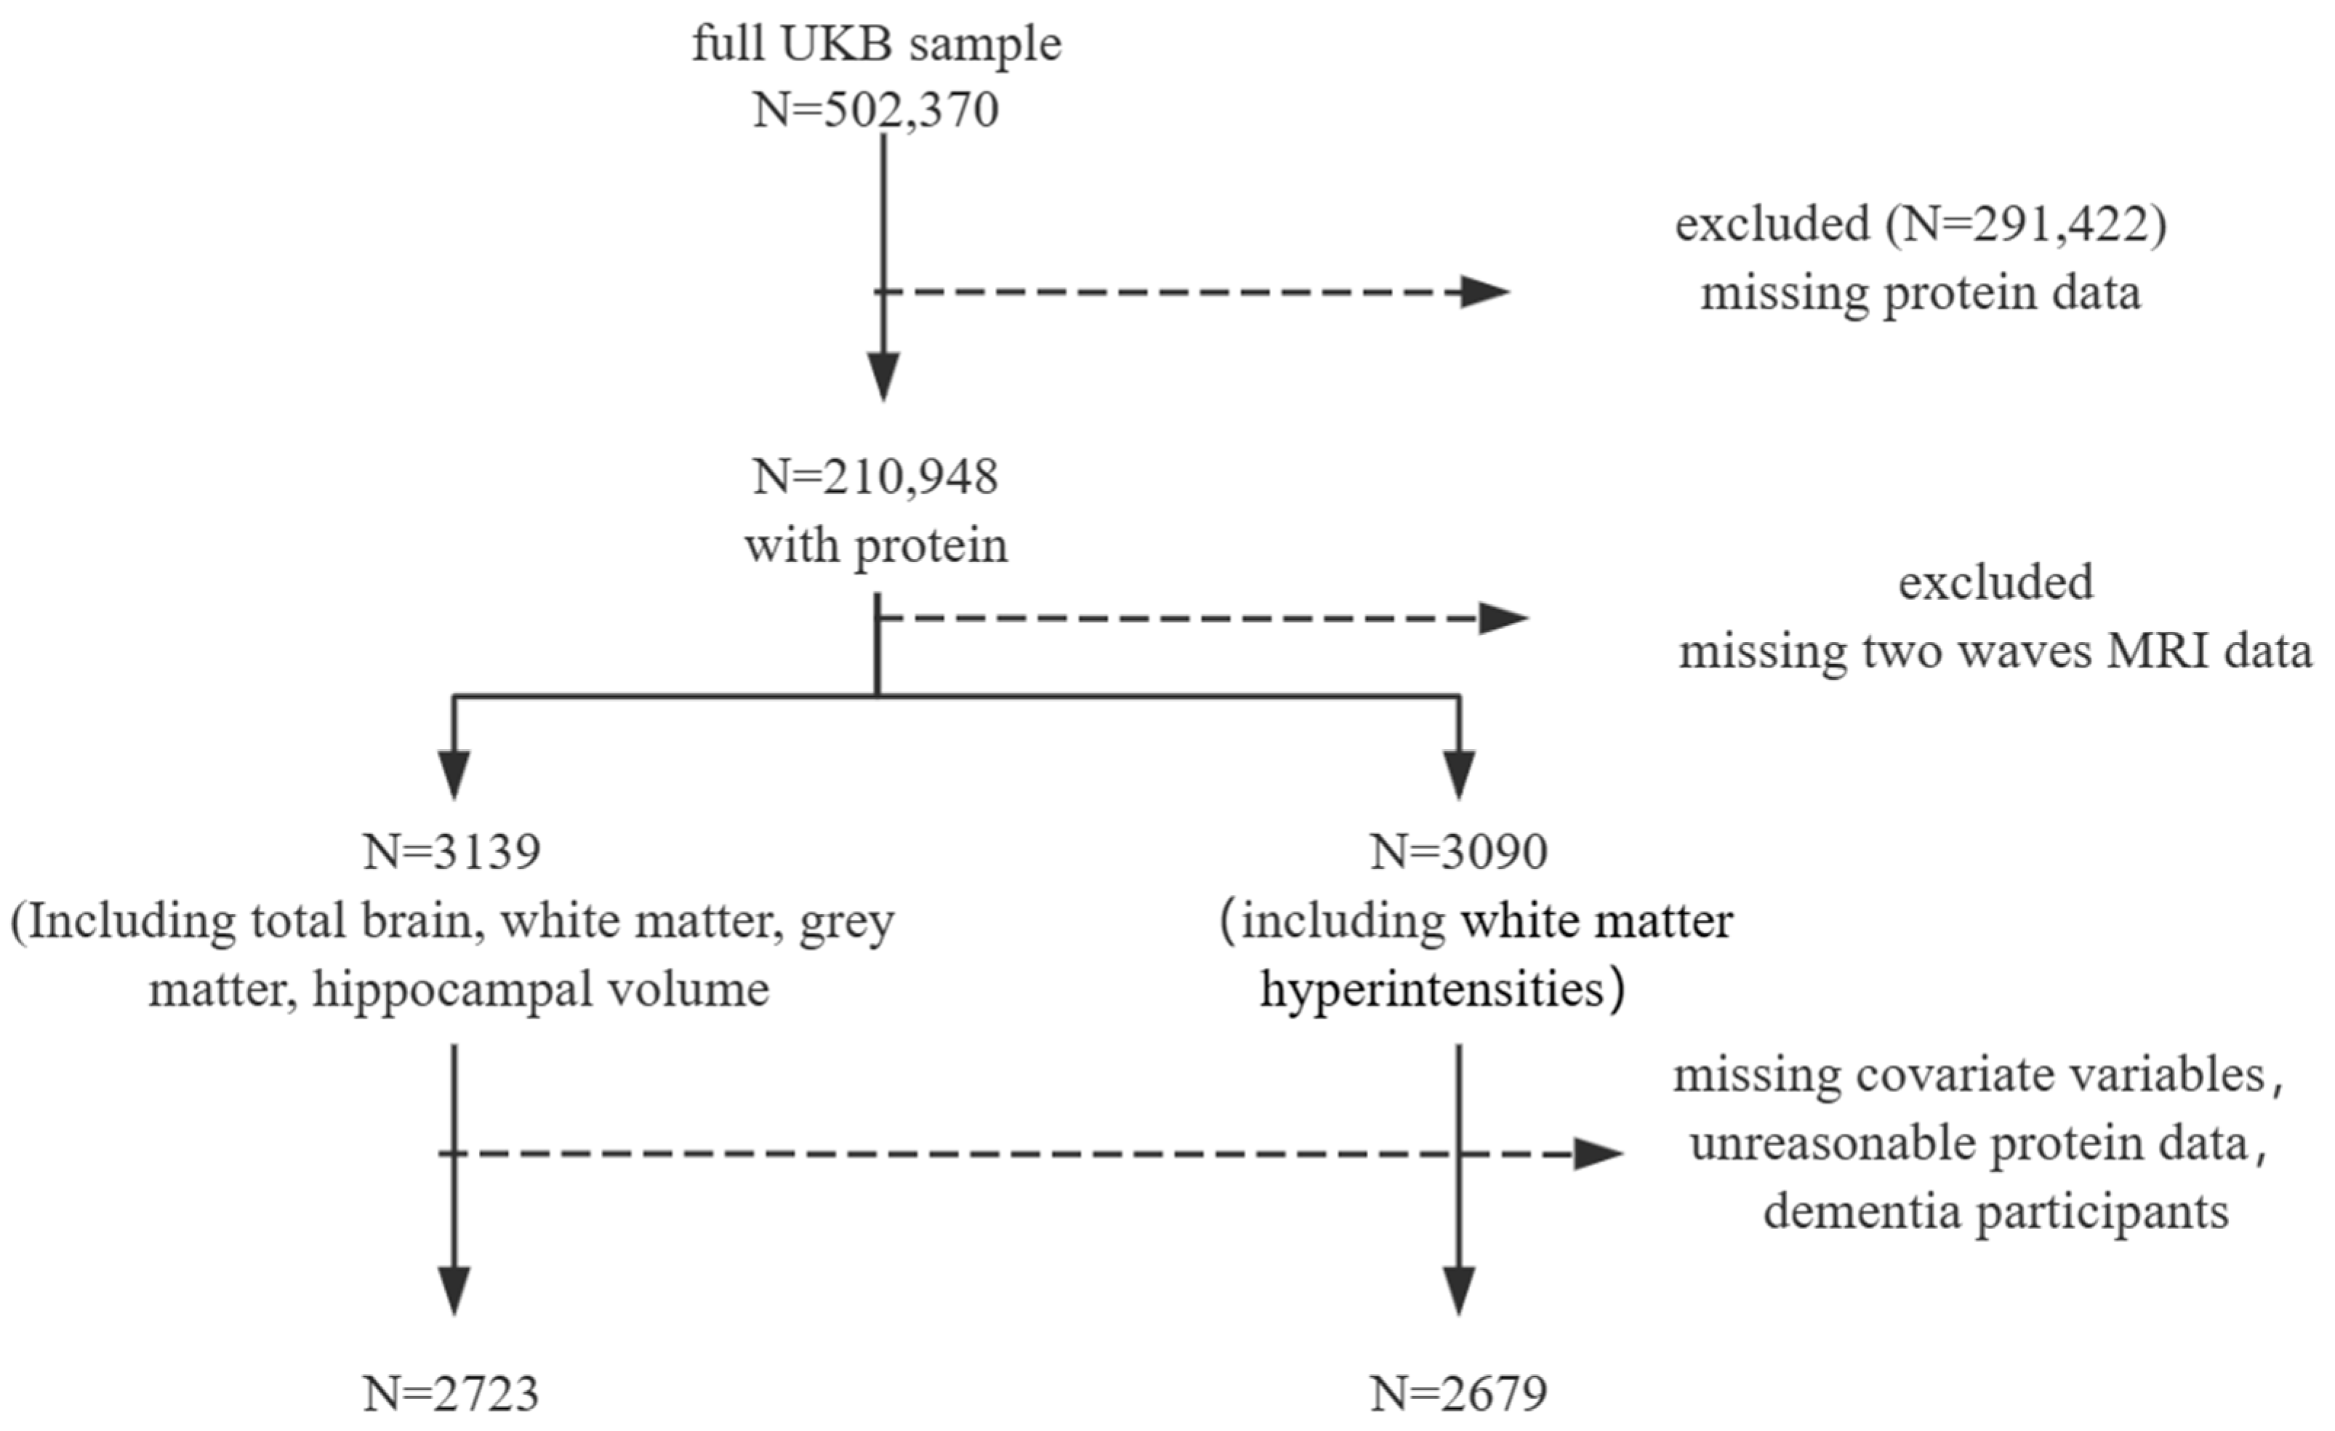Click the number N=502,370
coord(875,111)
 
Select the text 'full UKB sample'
coord(875,44)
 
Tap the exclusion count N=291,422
coord(2022,225)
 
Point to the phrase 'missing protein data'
coord(1920,293)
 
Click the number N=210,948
coord(875,477)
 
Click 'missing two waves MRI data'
coord(1995,652)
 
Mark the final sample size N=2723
coord(452,1394)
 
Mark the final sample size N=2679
coord(1458,1394)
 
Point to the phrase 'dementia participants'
coord(1995,1212)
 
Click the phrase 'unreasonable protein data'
coord(1969,1144)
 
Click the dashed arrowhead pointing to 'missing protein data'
coord(1483,292)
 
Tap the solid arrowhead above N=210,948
coord(883,376)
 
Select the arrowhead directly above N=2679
coord(1458,1291)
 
